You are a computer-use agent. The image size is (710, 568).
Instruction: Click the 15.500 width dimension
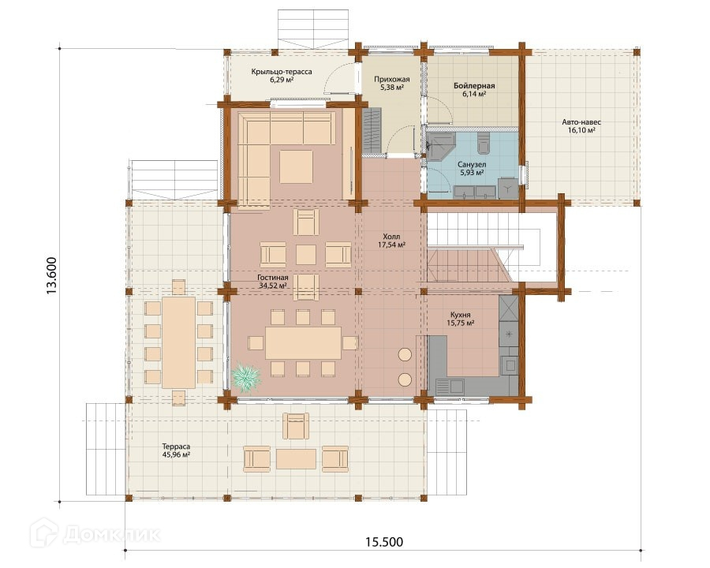coord(384,542)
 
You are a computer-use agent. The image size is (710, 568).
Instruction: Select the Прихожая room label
coord(391,79)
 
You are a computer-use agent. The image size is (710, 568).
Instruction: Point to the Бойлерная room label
coord(474,86)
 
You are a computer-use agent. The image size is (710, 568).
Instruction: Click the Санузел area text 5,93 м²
coord(472,173)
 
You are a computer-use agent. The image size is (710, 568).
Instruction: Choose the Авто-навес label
coord(581,121)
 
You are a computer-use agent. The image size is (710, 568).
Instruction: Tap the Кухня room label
coord(461,314)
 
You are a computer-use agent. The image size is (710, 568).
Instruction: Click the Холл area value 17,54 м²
coord(391,245)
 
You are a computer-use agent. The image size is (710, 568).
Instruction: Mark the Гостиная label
coord(273,278)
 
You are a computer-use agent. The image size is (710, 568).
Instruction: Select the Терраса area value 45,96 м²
coord(176,454)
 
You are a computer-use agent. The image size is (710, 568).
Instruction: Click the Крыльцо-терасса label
coord(282,72)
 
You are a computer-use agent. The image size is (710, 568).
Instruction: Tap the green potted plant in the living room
coord(246,377)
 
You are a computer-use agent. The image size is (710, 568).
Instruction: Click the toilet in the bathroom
coord(484,142)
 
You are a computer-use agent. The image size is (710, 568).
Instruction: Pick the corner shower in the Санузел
coord(440,147)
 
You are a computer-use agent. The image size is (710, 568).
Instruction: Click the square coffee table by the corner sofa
coord(296,166)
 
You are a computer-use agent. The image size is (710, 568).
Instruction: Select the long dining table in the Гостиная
coord(304,343)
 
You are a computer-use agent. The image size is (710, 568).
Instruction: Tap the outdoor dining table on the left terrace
coord(179,342)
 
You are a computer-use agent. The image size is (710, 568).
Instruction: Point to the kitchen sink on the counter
coord(450,387)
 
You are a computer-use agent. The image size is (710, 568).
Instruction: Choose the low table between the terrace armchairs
coord(296,459)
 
